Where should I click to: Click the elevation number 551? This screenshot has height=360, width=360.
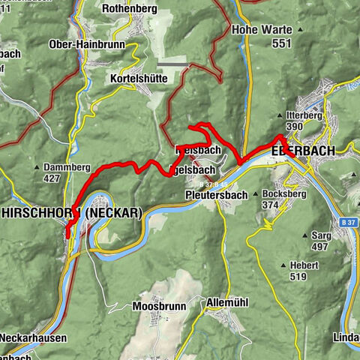point(281,44)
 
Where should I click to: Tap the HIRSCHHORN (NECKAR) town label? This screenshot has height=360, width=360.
point(71,213)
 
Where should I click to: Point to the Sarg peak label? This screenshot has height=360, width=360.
point(321,235)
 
